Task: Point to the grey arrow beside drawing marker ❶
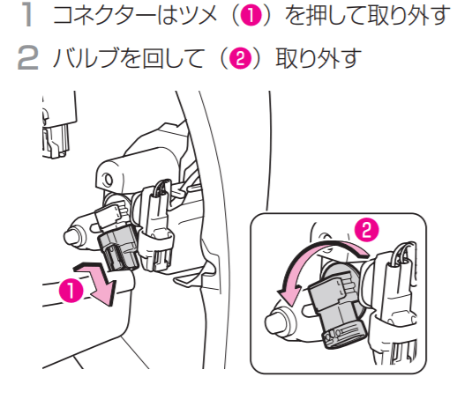coord(97,282)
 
